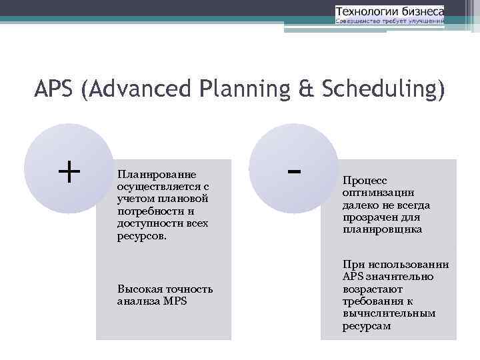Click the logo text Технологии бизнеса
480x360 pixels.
(x=389, y=11)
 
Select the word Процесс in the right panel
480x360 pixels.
(x=364, y=180)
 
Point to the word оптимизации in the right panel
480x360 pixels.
(x=378, y=193)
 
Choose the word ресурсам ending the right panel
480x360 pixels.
(x=367, y=326)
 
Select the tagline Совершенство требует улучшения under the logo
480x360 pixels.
(x=389, y=21)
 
